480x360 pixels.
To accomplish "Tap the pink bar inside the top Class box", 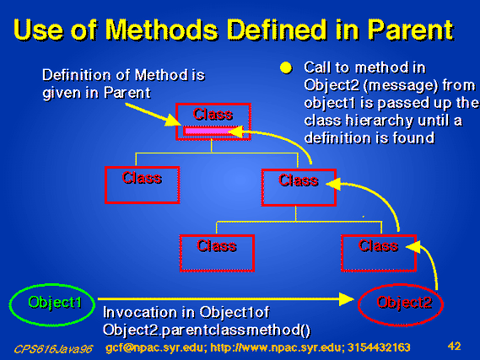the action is pos(211,132).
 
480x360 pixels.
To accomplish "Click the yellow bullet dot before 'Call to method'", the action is pos(286,68).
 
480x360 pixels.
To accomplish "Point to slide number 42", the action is pos(455,347).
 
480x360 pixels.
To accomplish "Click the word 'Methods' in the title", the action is pos(162,30).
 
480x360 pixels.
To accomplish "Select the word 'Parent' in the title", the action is pos(411,30).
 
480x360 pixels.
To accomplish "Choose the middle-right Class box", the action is pos(299,170).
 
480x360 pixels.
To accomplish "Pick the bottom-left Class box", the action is pos(217,236).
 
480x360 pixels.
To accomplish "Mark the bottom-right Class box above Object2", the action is pos(379,236).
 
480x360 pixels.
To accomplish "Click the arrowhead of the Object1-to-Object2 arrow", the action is pos(347,299).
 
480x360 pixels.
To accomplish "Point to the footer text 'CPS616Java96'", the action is pos(53,349).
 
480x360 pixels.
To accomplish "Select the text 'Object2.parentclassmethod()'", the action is pos(207,330).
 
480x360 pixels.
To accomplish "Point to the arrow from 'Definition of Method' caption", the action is pos(153,115).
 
